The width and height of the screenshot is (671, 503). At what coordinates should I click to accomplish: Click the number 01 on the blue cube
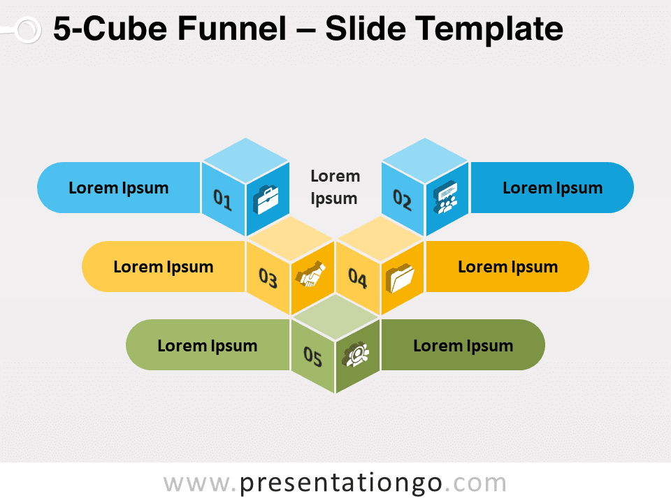click(x=222, y=200)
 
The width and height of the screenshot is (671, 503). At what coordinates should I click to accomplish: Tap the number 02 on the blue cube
click(x=403, y=200)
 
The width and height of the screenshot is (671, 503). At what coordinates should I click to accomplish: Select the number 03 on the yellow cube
click(x=268, y=278)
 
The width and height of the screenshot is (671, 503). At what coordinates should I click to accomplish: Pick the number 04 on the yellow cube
click(x=358, y=278)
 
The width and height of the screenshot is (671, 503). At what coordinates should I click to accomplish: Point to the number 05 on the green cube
click(x=312, y=357)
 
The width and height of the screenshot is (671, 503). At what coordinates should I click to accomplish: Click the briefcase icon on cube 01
click(x=266, y=199)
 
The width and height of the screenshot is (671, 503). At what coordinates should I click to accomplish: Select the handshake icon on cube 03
click(x=310, y=274)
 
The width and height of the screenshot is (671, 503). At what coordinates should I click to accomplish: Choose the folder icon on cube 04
click(x=400, y=278)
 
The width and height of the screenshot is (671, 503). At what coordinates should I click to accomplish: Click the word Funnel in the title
click(x=231, y=29)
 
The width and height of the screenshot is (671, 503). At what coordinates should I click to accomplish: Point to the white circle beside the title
click(x=28, y=30)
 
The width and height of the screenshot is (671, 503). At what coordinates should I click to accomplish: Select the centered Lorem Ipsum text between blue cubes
click(x=335, y=187)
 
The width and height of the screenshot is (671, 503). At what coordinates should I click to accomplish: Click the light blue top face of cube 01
click(x=245, y=161)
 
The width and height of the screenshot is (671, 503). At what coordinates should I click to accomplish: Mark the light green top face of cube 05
click(x=335, y=317)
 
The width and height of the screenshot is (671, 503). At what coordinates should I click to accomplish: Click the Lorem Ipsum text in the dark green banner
click(x=463, y=346)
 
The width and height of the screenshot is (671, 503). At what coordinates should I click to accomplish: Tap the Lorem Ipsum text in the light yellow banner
click(x=164, y=268)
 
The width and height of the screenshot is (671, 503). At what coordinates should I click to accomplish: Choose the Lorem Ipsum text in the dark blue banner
click(x=552, y=188)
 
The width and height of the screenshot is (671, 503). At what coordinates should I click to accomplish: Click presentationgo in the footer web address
click(x=340, y=483)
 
